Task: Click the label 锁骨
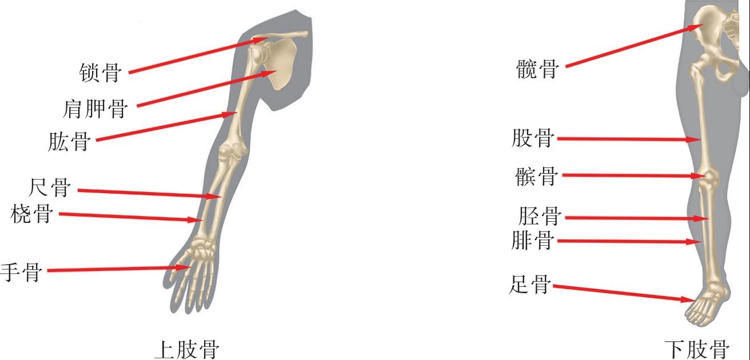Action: pos(100,73)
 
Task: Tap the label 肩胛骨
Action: pos(95,108)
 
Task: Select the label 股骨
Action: pos(533,138)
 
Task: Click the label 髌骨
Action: pos(536,176)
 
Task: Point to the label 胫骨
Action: pos(538,217)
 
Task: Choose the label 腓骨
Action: pos(533,241)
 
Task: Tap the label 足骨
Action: pos(529,284)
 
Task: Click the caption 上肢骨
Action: pos(187,349)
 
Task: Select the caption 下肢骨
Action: pos(697,349)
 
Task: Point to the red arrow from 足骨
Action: pos(623,293)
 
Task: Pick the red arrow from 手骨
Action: pos(114,269)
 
